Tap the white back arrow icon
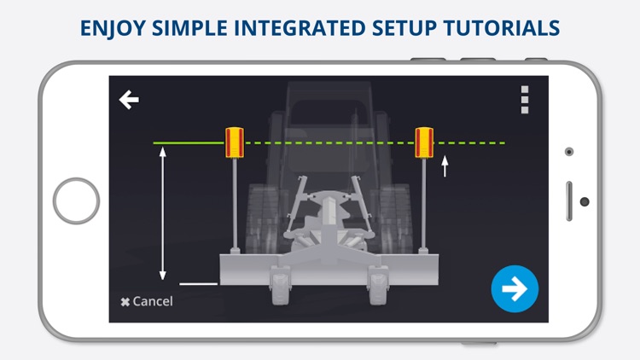[x=129, y=100]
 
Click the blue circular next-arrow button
[x=515, y=288]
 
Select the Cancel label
[x=147, y=301]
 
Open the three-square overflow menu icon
[x=525, y=100]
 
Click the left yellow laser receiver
[x=235, y=142]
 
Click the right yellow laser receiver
[x=424, y=142]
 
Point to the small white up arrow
[x=445, y=166]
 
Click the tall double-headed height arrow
[x=163, y=213]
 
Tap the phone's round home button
[x=76, y=200]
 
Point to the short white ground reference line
[x=198, y=284]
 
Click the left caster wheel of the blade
[x=281, y=284]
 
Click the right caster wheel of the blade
[x=378, y=284]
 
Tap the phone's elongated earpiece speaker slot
[x=569, y=201]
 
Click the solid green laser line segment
[x=189, y=142]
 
